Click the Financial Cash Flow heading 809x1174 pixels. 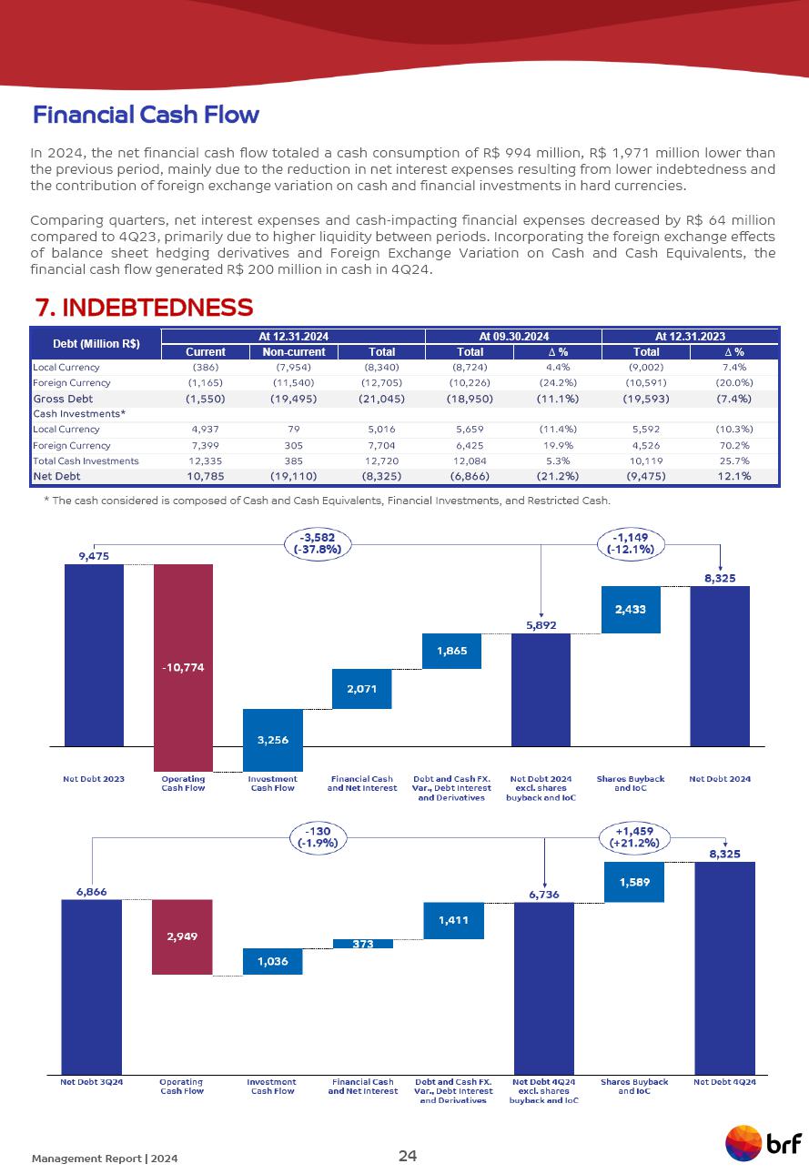pos(146,115)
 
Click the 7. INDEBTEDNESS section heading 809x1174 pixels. pos(143,307)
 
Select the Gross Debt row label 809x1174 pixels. pos(62,399)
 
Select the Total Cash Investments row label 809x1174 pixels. pos(86,460)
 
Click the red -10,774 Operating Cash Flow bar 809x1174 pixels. pos(183,667)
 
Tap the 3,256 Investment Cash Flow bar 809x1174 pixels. pos(273,740)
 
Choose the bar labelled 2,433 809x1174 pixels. pos(631,610)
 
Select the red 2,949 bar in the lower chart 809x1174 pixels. pos(182,936)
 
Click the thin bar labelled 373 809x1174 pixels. pos(363,944)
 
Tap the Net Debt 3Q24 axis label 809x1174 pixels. pos(92,1082)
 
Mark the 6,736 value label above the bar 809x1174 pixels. pos(543,895)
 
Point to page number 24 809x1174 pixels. pos(408,1156)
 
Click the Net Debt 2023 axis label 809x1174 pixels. pos(94,779)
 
